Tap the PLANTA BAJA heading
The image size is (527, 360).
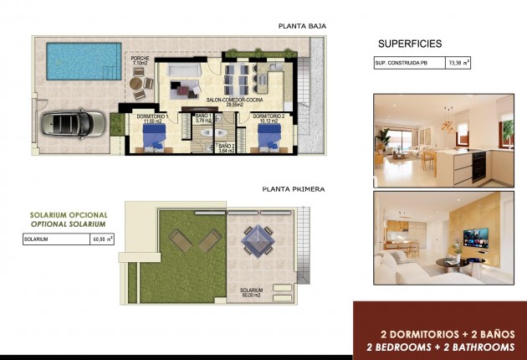click(x=302, y=26)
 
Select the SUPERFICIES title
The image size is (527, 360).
click(x=410, y=43)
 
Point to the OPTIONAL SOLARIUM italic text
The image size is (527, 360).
click(x=66, y=225)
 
